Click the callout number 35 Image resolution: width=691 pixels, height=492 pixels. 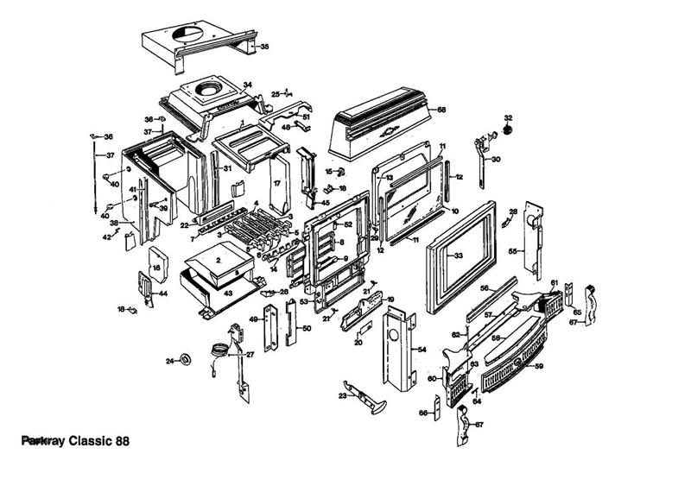(x=264, y=46)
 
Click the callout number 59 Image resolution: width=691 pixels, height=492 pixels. (x=539, y=366)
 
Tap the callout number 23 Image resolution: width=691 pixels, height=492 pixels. (x=342, y=395)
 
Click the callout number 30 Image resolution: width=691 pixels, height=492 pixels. (x=495, y=160)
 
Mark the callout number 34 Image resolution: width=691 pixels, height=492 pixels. (x=247, y=85)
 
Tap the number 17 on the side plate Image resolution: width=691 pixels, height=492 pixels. (x=277, y=184)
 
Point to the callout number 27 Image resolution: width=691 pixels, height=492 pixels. (x=250, y=354)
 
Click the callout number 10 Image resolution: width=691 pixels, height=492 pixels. (x=454, y=211)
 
